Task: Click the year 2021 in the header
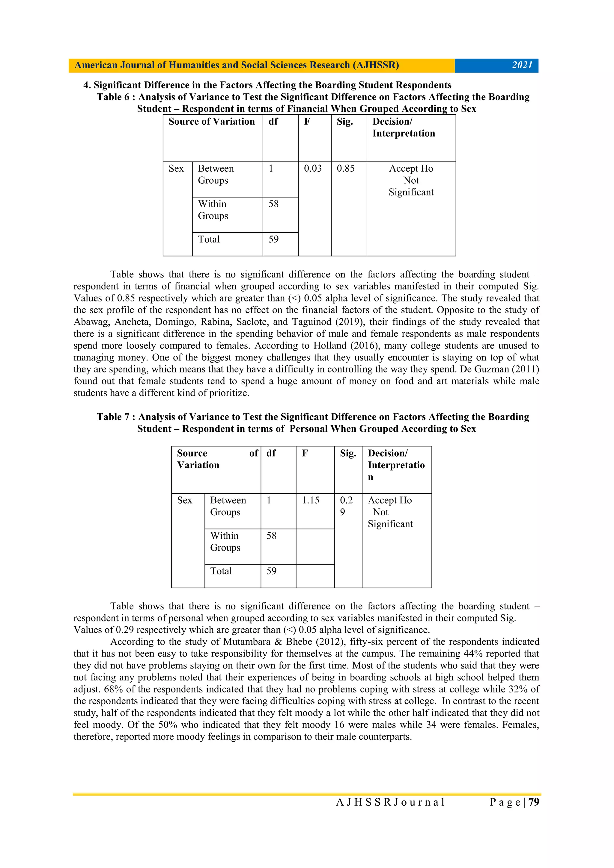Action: coord(522,65)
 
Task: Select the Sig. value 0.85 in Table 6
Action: coord(345,169)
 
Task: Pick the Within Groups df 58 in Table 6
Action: coord(273,204)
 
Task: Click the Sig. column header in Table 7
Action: coord(348,453)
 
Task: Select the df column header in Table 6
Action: coord(273,121)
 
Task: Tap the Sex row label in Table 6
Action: coord(176,169)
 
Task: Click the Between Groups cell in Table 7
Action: coord(228,506)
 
